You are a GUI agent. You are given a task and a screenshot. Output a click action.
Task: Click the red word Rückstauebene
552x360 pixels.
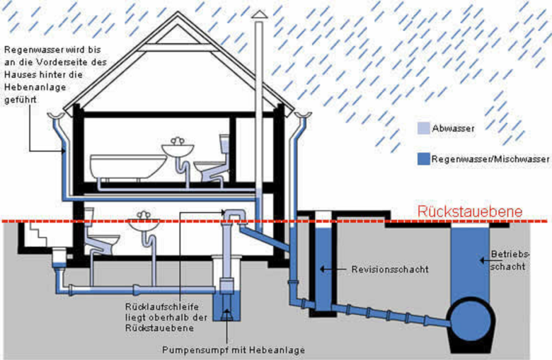coord(470,211)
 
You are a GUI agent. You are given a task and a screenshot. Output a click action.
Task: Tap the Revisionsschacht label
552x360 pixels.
coord(383,269)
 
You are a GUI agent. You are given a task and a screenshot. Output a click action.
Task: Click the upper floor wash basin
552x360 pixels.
coord(178,149)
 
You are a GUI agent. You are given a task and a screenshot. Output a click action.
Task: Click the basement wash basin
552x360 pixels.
coord(144,224)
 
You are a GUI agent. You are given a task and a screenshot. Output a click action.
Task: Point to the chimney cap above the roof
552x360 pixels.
coord(260,15)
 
